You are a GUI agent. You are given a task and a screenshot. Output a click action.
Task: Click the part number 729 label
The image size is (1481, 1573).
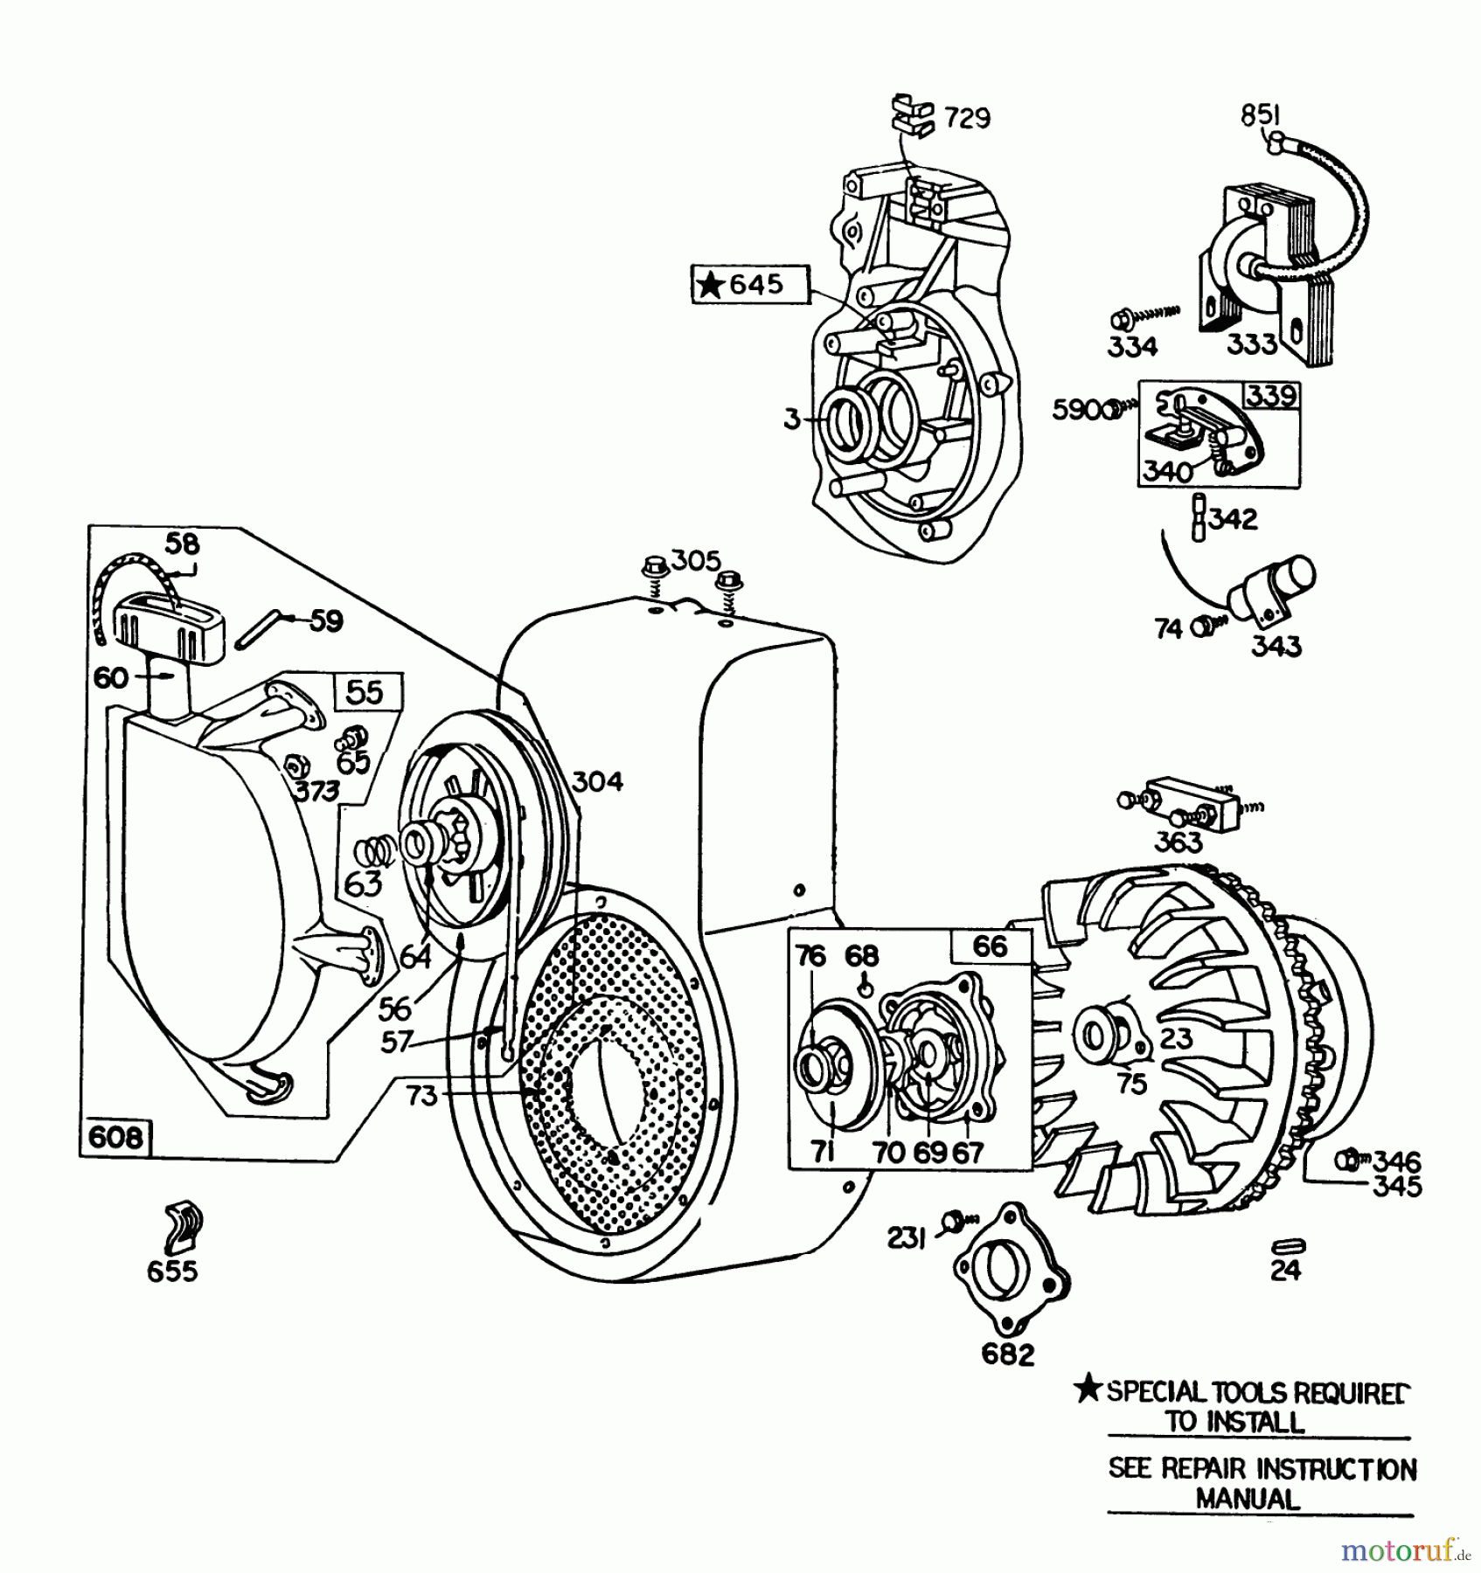(x=967, y=117)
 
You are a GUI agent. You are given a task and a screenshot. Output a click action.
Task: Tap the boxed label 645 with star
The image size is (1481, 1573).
(x=751, y=285)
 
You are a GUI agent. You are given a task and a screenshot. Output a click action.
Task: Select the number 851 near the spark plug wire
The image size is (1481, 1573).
(x=1260, y=114)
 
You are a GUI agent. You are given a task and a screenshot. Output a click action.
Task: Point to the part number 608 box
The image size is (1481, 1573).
(x=115, y=1137)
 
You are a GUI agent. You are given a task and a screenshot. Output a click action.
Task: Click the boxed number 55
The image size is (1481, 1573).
(x=365, y=691)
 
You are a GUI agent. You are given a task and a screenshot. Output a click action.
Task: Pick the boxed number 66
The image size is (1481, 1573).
(x=990, y=946)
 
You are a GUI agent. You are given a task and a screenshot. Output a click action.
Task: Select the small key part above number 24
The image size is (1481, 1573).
(x=1289, y=1244)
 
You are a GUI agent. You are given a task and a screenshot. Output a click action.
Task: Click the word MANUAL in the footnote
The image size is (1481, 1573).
(x=1248, y=1499)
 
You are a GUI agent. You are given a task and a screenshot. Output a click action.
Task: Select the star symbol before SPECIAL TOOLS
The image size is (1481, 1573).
(x=1087, y=1389)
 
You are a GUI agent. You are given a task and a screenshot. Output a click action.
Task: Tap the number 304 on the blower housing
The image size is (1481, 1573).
(x=597, y=781)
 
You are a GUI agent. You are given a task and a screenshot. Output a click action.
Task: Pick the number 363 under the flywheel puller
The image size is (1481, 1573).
(x=1178, y=842)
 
